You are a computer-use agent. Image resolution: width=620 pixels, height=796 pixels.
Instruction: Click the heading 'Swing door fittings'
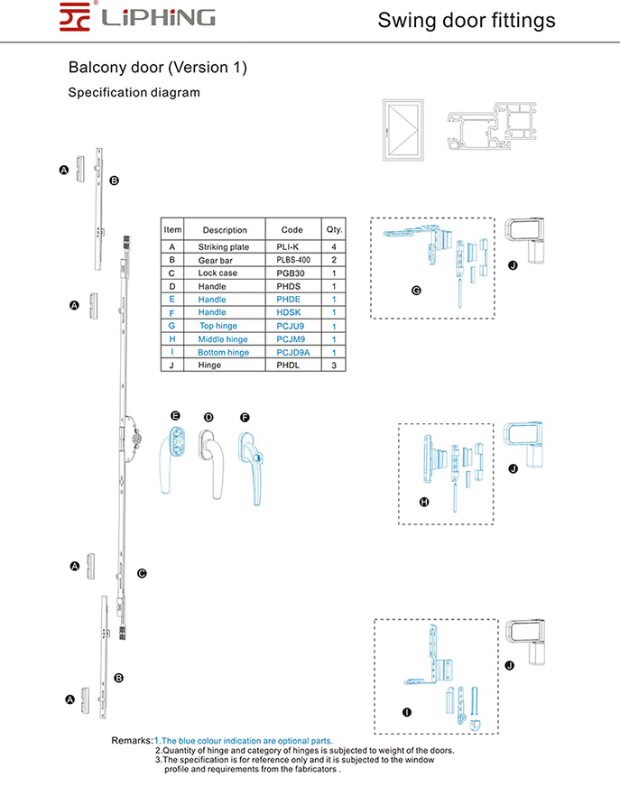pos(466,20)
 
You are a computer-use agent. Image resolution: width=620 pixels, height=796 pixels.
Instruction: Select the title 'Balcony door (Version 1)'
pos(157,68)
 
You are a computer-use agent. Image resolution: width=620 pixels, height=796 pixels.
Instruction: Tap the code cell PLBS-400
pos(291,260)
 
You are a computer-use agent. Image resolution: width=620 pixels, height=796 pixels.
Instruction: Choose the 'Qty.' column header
pos(334,230)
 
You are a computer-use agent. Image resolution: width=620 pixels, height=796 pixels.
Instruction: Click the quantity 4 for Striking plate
pos(334,246)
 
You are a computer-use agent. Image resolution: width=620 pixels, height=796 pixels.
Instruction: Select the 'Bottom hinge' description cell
pos(224,353)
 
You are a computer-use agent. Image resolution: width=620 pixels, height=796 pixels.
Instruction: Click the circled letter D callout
pos(208,417)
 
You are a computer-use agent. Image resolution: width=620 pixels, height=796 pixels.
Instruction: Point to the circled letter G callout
pos(415,291)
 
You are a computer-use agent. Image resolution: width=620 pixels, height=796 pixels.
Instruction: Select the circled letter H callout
pos(424,502)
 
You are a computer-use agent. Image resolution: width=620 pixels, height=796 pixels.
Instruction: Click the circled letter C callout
pos(142,573)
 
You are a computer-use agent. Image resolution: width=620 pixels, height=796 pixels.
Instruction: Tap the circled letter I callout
pos(406,712)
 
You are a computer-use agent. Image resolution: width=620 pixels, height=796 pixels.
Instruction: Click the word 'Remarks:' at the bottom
pos(132,740)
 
